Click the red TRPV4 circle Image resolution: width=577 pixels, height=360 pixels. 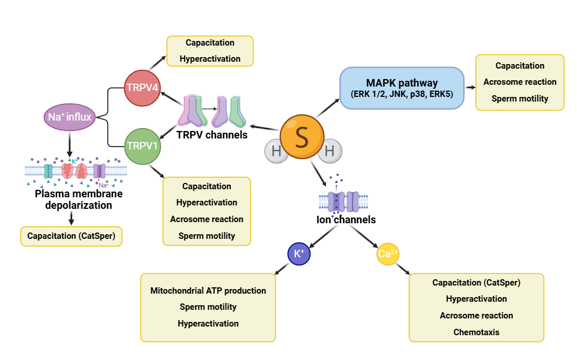click(x=143, y=88)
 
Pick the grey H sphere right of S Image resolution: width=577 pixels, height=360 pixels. click(x=329, y=152)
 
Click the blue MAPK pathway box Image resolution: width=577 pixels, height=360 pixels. click(x=402, y=88)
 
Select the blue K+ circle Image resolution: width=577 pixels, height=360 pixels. click(x=299, y=253)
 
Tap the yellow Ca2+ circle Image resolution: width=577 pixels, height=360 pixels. click(x=388, y=253)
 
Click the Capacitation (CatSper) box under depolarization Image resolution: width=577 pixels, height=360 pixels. click(x=71, y=236)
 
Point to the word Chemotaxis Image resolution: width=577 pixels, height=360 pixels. click(x=476, y=332)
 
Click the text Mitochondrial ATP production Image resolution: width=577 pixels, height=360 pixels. click(x=208, y=291)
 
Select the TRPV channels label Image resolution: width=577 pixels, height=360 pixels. click(x=212, y=135)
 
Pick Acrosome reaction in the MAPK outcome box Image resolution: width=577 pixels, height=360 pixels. click(x=520, y=82)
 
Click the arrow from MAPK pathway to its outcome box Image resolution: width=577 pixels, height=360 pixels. click(x=470, y=88)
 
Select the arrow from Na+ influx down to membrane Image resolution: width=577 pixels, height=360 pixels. click(x=69, y=144)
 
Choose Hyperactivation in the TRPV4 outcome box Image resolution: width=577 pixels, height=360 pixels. click(x=209, y=59)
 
